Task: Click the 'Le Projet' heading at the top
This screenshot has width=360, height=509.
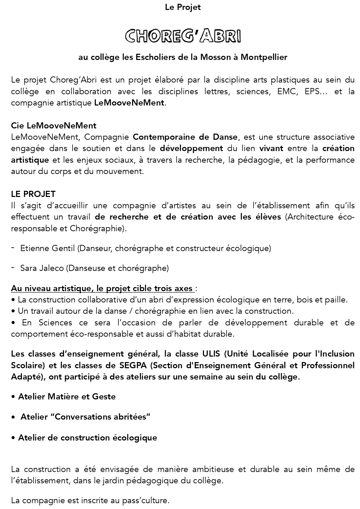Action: coord(182,7)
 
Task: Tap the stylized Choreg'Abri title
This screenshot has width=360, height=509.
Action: coord(183,36)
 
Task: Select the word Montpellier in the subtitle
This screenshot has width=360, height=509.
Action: coord(264,57)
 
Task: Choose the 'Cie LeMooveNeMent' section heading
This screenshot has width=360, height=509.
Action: coord(54,126)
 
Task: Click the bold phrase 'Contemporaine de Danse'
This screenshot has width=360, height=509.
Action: coord(185,137)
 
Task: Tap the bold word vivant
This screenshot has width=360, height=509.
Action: coord(271,148)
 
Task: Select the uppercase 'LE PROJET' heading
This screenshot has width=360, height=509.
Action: coord(33,194)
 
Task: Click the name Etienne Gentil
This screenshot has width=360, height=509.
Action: coord(48,248)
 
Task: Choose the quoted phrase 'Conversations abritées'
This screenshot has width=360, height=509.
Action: coord(103,417)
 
